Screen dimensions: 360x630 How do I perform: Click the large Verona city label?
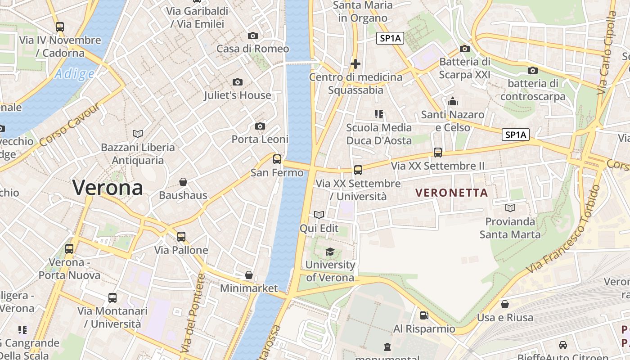tap(108, 187)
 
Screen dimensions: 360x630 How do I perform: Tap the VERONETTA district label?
tap(451, 193)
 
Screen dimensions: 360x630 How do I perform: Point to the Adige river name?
tap(74, 74)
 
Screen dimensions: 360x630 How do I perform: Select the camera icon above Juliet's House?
tap(238, 82)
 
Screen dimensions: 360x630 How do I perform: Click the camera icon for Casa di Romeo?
tap(253, 36)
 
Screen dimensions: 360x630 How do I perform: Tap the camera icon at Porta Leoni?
tap(260, 126)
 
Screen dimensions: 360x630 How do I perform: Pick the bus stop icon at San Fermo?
tap(277, 159)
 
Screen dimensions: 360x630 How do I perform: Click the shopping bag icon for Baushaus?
tap(183, 182)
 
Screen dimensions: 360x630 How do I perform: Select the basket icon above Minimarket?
tap(248, 274)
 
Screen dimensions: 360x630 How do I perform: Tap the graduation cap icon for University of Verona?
tap(330, 252)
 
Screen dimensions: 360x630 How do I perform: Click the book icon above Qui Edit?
tap(319, 215)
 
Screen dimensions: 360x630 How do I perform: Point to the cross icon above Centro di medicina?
tap(355, 64)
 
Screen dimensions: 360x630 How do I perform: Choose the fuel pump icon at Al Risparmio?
tap(424, 315)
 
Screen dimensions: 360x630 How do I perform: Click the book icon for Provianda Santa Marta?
tap(510, 208)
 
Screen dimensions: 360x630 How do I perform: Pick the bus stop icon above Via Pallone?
tap(181, 236)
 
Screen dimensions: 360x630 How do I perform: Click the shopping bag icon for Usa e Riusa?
tap(505, 304)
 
